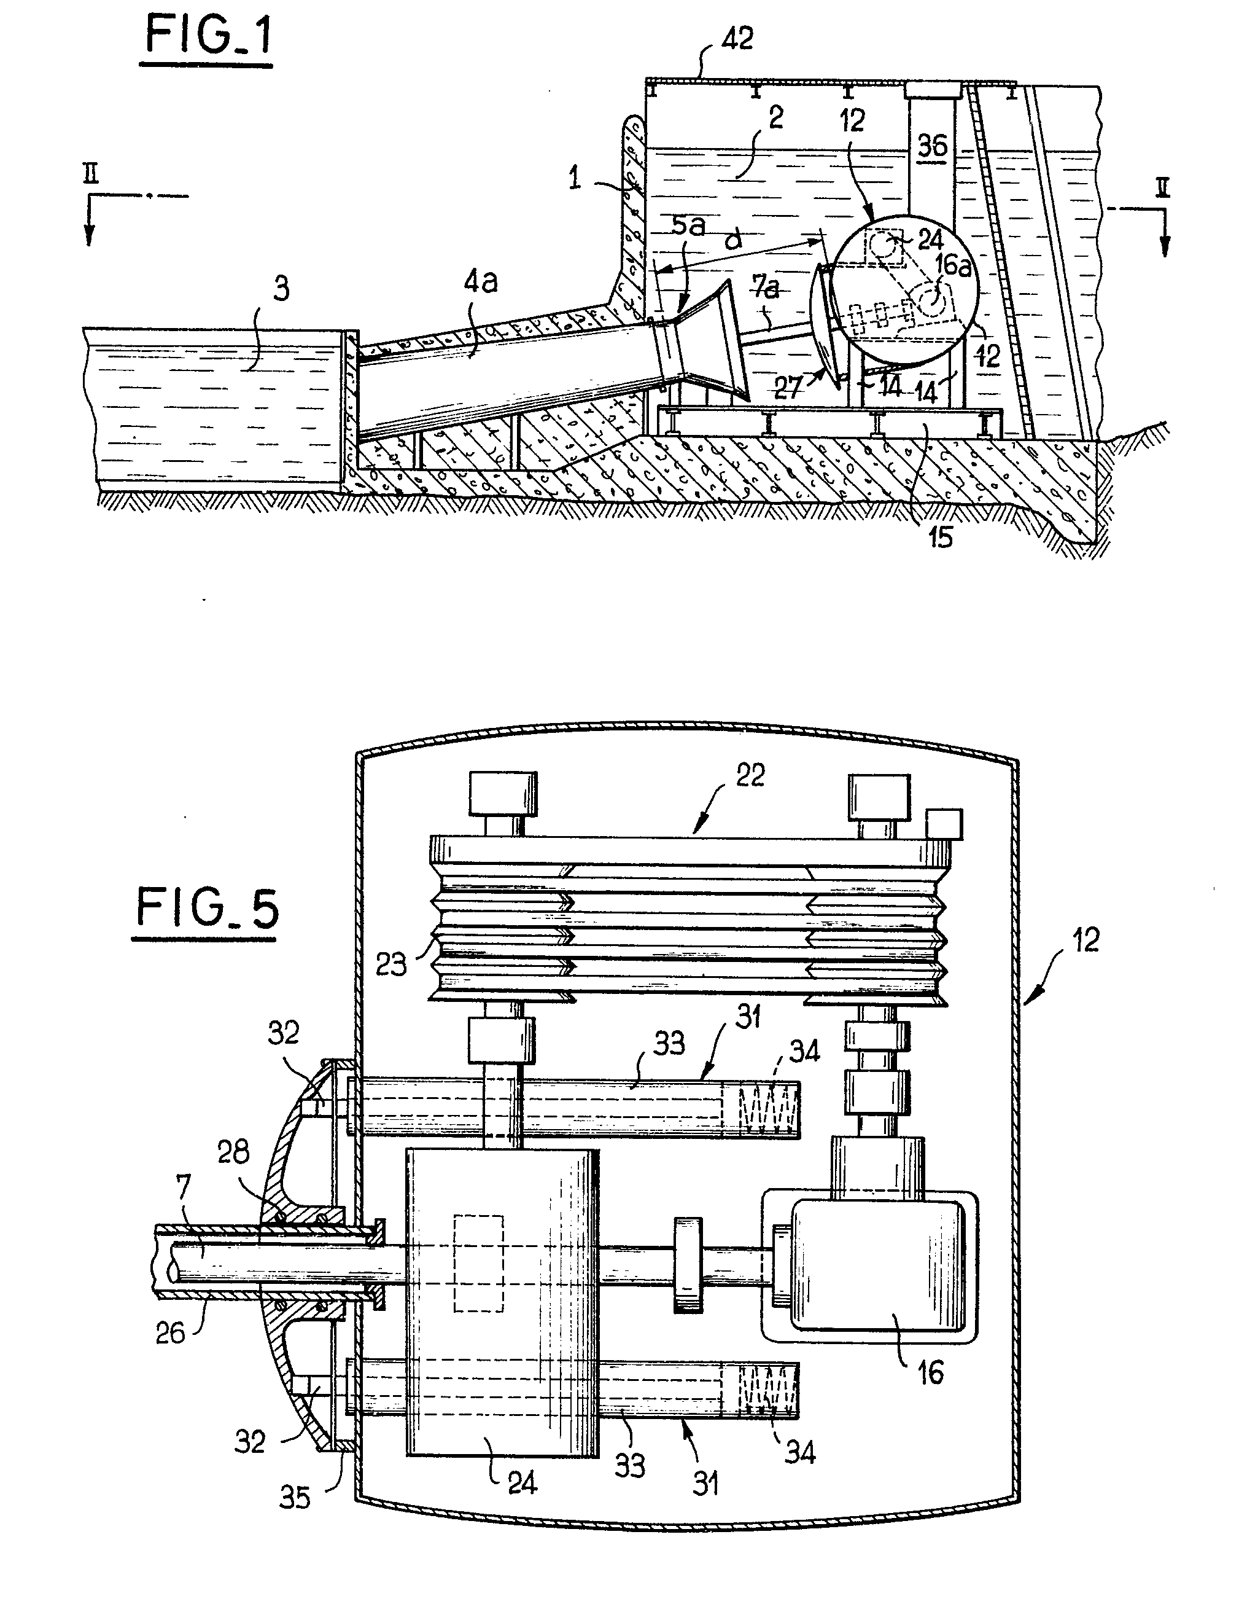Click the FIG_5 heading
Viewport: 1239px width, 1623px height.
pos(208,909)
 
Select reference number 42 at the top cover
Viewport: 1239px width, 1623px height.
pos(737,38)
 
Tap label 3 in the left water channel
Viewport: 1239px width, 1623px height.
pos(281,289)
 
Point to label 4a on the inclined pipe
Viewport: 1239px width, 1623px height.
pos(480,281)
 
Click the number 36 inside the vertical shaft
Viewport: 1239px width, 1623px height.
pos(931,146)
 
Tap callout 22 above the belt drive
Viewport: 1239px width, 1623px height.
pos(750,775)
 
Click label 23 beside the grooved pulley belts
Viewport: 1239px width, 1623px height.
pos(391,963)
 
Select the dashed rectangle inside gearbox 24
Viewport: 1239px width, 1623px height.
pos(479,1264)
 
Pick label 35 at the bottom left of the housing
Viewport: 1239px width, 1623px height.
pos(294,1498)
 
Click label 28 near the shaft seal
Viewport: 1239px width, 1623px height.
pos(234,1152)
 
